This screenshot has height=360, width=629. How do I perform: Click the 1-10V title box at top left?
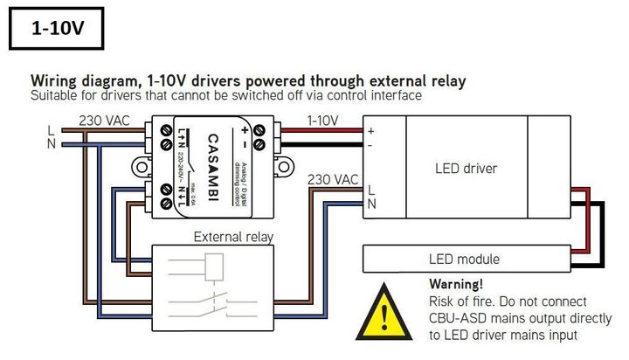click(x=57, y=28)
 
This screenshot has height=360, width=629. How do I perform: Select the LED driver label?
click(x=466, y=167)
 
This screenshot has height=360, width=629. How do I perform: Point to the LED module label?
click(x=464, y=259)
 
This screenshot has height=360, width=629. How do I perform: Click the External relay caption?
click(x=233, y=236)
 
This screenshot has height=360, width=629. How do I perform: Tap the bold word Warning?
click(x=456, y=284)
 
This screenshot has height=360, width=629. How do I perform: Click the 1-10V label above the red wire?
click(x=322, y=120)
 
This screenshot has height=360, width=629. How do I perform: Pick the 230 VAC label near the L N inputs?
click(x=107, y=120)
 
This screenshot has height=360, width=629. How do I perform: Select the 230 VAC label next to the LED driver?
click(x=333, y=179)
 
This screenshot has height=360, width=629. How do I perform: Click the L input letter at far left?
click(x=51, y=129)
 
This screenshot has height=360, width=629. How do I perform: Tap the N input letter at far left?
click(x=51, y=143)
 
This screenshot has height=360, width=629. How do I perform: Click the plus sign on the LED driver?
click(x=370, y=130)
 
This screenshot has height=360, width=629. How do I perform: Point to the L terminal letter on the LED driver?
click(x=371, y=190)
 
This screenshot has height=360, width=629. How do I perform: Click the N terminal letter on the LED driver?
click(x=371, y=204)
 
